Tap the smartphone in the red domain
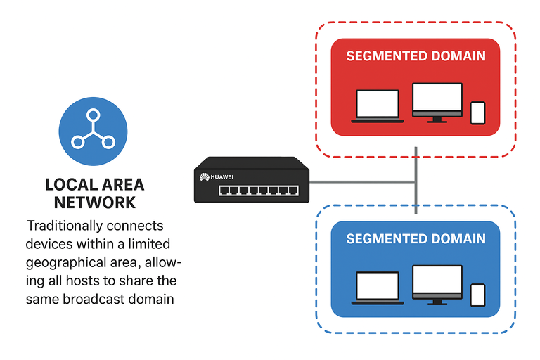[x=477, y=112]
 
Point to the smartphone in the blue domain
[x=477, y=295]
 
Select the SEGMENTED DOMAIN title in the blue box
[x=416, y=239]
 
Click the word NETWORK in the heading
[x=95, y=203]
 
